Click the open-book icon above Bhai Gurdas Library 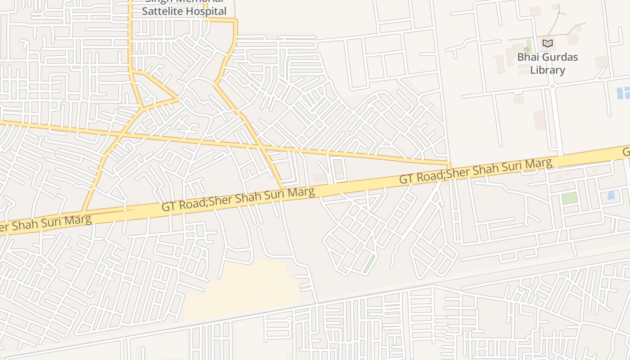pyautogui.click(x=547, y=43)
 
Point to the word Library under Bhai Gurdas pyautogui.click(x=547, y=70)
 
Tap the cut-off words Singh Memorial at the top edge pyautogui.click(x=184, y=1)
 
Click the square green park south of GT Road pyautogui.click(x=569, y=198)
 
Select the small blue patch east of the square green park pyautogui.click(x=611, y=195)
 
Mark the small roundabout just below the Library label pyautogui.click(x=552, y=86)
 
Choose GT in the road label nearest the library pyautogui.click(x=406, y=179)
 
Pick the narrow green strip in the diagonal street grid pyautogui.click(x=369, y=263)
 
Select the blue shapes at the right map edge pyautogui.click(x=623, y=93)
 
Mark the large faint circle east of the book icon pyautogui.click(x=572, y=38)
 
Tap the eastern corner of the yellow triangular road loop pyautogui.click(x=178, y=98)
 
